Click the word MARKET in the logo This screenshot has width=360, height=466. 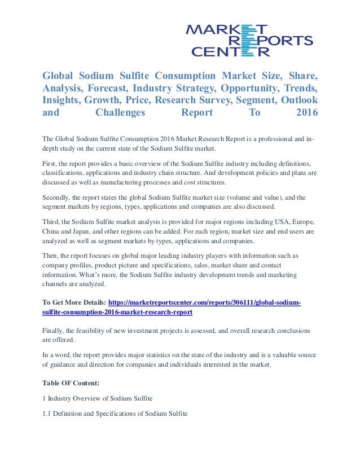[x=226, y=28]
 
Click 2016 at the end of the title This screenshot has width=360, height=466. [x=306, y=113]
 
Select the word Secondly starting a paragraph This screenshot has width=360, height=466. [x=58, y=197]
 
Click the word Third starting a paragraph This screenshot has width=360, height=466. [x=52, y=222]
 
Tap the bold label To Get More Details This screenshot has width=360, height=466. [x=73, y=302]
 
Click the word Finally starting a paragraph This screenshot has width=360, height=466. [x=56, y=331]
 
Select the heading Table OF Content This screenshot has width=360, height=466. [x=71, y=384]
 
